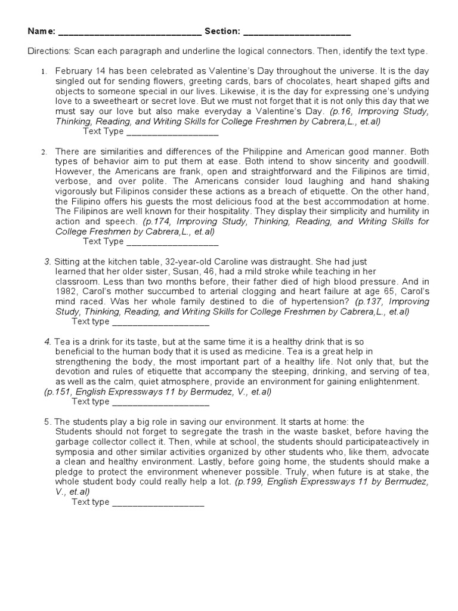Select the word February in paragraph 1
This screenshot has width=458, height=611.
(73, 71)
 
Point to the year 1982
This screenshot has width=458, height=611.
(66, 292)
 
